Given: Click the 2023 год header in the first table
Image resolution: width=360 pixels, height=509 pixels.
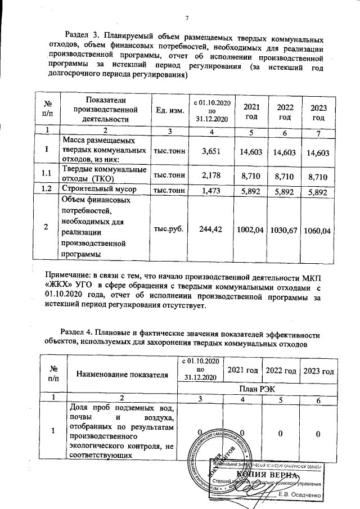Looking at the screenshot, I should pyautogui.click(x=319, y=111).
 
